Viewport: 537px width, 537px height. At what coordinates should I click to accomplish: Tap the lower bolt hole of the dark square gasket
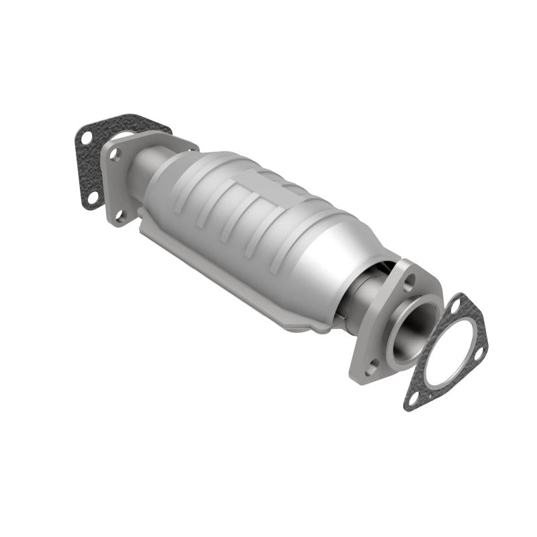(93, 196)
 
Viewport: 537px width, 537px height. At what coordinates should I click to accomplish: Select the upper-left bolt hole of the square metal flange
(115, 154)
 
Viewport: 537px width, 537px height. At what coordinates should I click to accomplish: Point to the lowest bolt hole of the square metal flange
(120, 215)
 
